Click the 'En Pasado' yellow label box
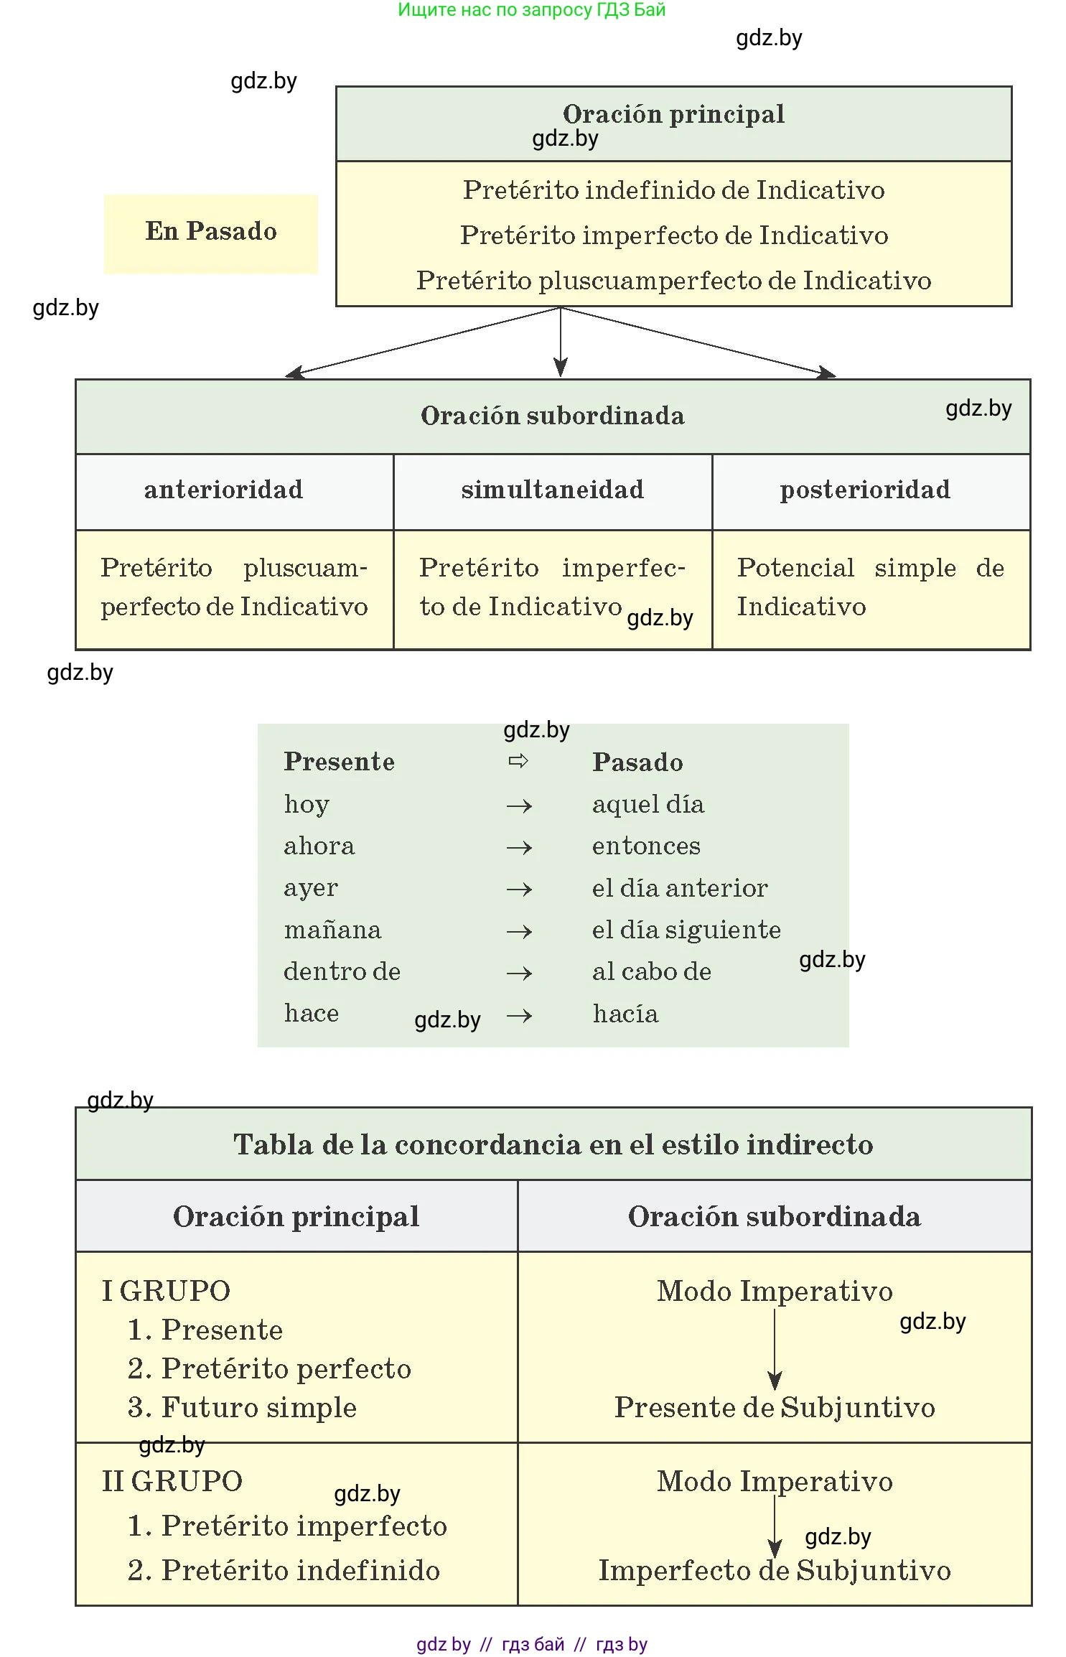pyautogui.click(x=210, y=233)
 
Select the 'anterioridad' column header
pyautogui.click(x=223, y=490)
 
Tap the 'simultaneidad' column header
pyautogui.click(x=552, y=490)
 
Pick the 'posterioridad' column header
pyautogui.click(x=865, y=490)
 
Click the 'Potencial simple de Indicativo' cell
pyautogui.click(x=870, y=587)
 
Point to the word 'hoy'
pyautogui.click(x=307, y=804)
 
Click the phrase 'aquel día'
pyautogui.click(x=647, y=804)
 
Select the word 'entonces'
pyautogui.click(x=646, y=846)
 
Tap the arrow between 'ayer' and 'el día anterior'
pyautogui.click(x=519, y=890)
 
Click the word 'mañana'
pyautogui.click(x=332, y=930)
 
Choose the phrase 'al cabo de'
pyautogui.click(x=651, y=971)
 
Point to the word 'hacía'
pyautogui.click(x=625, y=1014)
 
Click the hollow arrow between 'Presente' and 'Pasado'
pyautogui.click(x=518, y=761)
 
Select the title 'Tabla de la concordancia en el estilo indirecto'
pyautogui.click(x=553, y=1144)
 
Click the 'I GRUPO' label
pyautogui.click(x=166, y=1291)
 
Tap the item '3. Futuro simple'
pyautogui.click(x=242, y=1407)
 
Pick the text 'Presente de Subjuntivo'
pyautogui.click(x=775, y=1407)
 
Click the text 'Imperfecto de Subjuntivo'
pyautogui.click(x=775, y=1570)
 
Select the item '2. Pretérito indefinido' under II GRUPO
pyautogui.click(x=284, y=1570)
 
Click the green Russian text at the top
pyautogui.click(x=531, y=10)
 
